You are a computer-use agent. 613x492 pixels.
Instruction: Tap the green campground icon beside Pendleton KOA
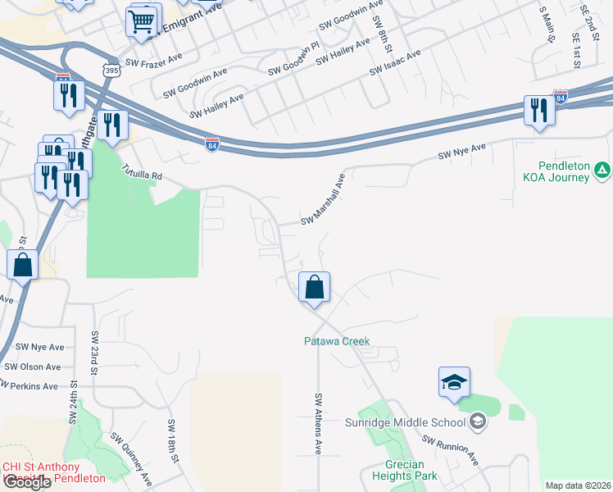click(x=602, y=171)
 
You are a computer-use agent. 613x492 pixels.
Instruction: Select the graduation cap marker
click(x=454, y=382)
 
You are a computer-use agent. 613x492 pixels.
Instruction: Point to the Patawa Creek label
click(x=337, y=341)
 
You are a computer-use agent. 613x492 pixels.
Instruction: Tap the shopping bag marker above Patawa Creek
click(x=314, y=288)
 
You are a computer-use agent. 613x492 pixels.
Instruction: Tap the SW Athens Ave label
click(x=318, y=423)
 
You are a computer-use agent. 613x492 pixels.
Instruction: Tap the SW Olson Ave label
click(x=33, y=367)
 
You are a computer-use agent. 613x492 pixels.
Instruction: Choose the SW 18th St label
click(x=174, y=441)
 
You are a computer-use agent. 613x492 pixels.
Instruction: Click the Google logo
click(x=27, y=482)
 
